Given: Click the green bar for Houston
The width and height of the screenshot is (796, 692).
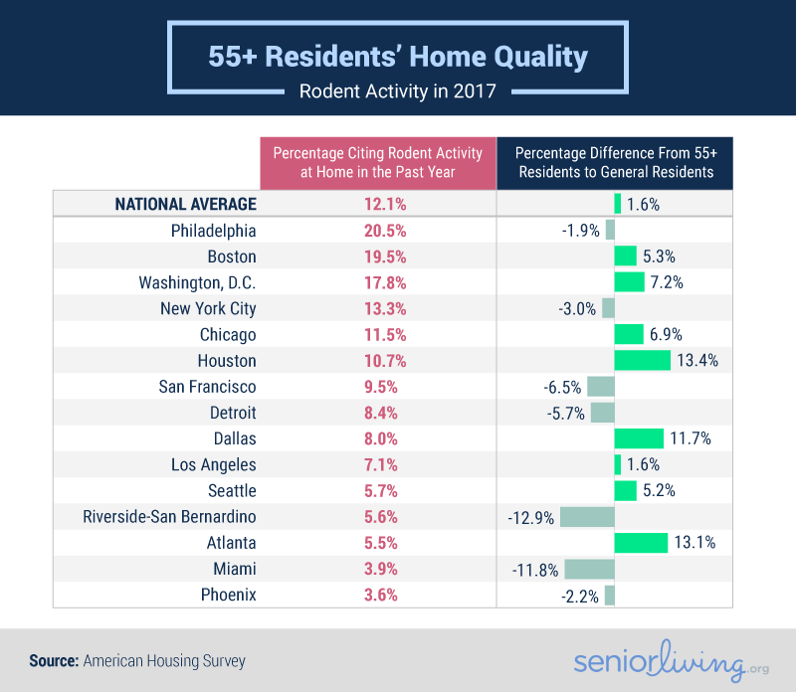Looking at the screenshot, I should point(642,360).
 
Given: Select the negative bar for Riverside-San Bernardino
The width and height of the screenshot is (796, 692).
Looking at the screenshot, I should point(587,516).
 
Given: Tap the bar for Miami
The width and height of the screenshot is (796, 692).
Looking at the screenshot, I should point(589,568).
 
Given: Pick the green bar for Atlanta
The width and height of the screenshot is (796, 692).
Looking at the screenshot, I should point(641,542).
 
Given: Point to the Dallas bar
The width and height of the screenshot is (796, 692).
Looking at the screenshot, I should point(639,438).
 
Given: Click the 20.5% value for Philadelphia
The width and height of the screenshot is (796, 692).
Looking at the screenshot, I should point(378,231).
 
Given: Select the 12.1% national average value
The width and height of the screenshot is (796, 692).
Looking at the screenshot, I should point(378,204).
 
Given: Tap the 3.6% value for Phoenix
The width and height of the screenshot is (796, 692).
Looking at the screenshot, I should point(378,595).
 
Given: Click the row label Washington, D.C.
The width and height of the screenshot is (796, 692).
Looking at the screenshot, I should point(197,282).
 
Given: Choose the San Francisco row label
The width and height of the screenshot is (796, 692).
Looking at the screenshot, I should point(207,387).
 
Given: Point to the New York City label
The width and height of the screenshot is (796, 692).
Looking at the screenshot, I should point(208,308).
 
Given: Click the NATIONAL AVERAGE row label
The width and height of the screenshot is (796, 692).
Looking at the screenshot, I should point(186,204).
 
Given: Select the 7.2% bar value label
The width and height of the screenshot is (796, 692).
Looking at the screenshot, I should point(667,282).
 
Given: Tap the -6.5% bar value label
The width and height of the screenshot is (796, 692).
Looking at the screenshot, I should point(562,387).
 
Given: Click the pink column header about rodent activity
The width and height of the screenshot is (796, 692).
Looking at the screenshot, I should point(378,162).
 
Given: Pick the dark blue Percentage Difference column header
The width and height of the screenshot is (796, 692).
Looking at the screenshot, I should point(615,162).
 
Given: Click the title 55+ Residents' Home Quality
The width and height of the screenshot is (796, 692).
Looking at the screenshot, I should point(398,57).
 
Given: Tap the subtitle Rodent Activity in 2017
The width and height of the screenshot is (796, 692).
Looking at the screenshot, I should point(398,92).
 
